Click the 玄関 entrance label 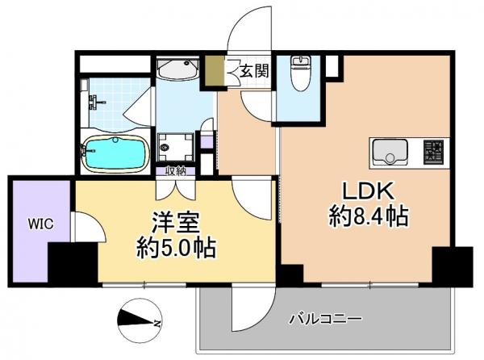[x=252, y=72]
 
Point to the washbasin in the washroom [x=178, y=70]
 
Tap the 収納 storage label [x=176, y=170]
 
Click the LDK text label [x=369, y=191]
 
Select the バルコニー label [x=325, y=318]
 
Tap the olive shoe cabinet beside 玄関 [x=213, y=72]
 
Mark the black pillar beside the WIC [x=72, y=262]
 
